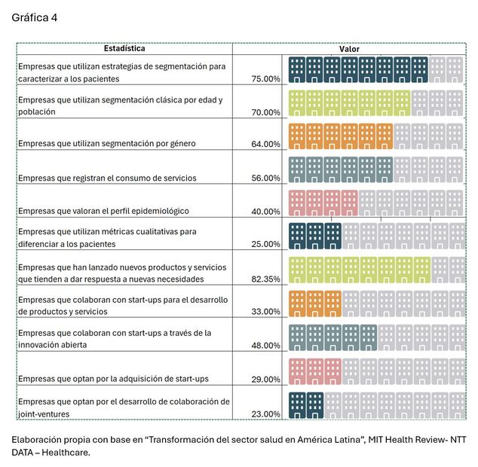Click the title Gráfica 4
click(x=34, y=17)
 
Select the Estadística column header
click(x=124, y=48)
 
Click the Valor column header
click(x=348, y=48)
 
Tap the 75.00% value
click(x=265, y=78)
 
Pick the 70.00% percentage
click(x=265, y=111)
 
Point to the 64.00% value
click(x=265, y=144)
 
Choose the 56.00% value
click(x=265, y=178)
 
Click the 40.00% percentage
click(x=265, y=211)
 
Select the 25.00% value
click(x=265, y=244)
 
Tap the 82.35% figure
click(x=265, y=279)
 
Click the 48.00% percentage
click(x=265, y=345)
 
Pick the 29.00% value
click(x=265, y=378)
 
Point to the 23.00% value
click(x=265, y=414)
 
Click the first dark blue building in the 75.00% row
click(x=297, y=69)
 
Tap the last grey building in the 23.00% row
click(x=455, y=404)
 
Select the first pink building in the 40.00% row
click(x=297, y=203)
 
